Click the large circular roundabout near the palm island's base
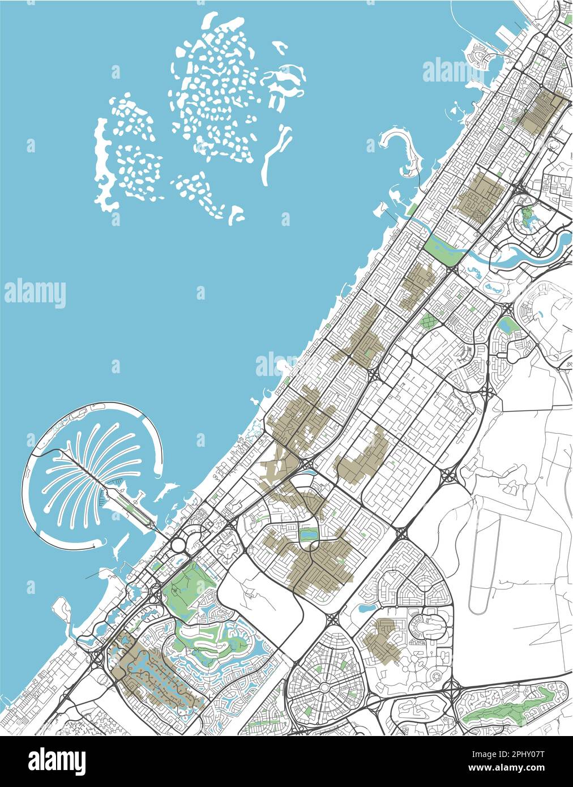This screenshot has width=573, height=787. coord(178,545)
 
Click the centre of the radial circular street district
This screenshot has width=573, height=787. coord(324,687)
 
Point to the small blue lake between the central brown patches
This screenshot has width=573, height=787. coord(310,533)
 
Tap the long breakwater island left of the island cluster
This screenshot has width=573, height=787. coord(102,164)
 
